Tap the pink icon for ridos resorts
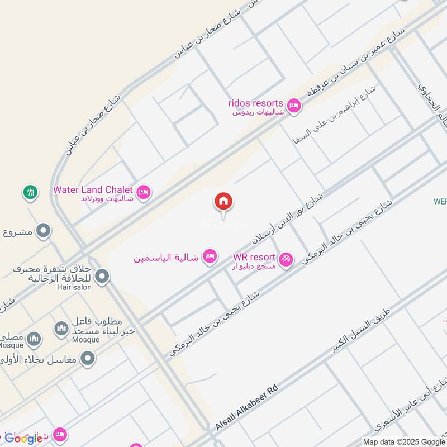(x=293, y=104)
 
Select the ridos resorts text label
(x=255, y=103)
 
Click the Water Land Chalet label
(x=93, y=189)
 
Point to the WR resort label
(x=254, y=257)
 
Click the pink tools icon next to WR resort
(x=286, y=260)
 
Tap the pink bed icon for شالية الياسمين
(x=210, y=256)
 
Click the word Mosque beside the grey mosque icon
(x=85, y=339)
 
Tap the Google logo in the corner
(x=23, y=438)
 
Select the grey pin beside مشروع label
(x=43, y=230)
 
